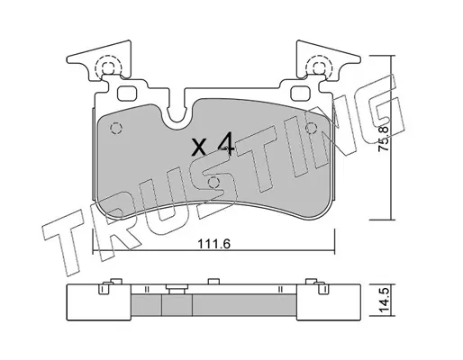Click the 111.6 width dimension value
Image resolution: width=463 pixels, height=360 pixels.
click(x=213, y=244)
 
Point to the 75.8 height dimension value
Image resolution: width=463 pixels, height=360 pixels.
click(x=384, y=138)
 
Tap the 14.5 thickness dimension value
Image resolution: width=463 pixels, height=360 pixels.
click(x=384, y=301)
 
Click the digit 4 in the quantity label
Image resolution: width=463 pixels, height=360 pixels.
click(x=226, y=144)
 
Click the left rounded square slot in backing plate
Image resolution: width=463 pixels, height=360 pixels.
click(x=127, y=94)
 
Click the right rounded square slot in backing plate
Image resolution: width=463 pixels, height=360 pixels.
click(x=301, y=94)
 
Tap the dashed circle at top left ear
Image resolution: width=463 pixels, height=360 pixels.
click(x=108, y=67)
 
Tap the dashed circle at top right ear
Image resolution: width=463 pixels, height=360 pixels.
click(x=319, y=67)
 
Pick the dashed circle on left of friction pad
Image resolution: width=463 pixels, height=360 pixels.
click(x=116, y=129)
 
